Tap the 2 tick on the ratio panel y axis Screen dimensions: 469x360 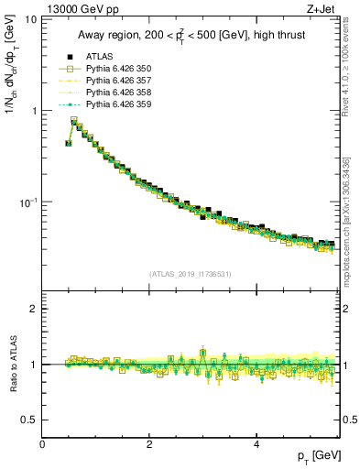(34, 309)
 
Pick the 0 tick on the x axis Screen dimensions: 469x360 (43, 443)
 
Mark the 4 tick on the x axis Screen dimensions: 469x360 (256, 443)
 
